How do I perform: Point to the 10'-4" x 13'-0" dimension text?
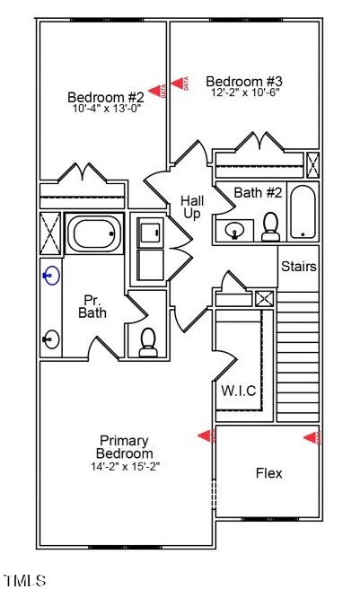pyautogui.click(x=107, y=109)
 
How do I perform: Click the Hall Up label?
pyautogui.click(x=191, y=207)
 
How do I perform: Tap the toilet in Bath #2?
pyautogui.click(x=270, y=229)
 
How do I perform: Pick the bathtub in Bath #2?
pyautogui.click(x=303, y=212)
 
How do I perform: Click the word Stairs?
pyautogui.click(x=299, y=267)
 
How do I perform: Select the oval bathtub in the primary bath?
pyautogui.click(x=94, y=235)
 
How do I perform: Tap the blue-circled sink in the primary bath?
pyautogui.click(x=51, y=274)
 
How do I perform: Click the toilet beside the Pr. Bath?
pyautogui.click(x=148, y=339)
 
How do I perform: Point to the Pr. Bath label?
pyautogui.click(x=93, y=306)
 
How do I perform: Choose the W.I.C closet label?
pyautogui.click(x=239, y=391)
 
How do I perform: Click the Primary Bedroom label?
pyautogui.click(x=125, y=447)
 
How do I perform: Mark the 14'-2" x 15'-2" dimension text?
pyautogui.click(x=125, y=466)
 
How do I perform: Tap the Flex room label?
pyautogui.click(x=269, y=473)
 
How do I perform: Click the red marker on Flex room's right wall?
pyautogui.click(x=312, y=437)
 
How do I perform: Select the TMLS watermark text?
pyautogui.click(x=24, y=582)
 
